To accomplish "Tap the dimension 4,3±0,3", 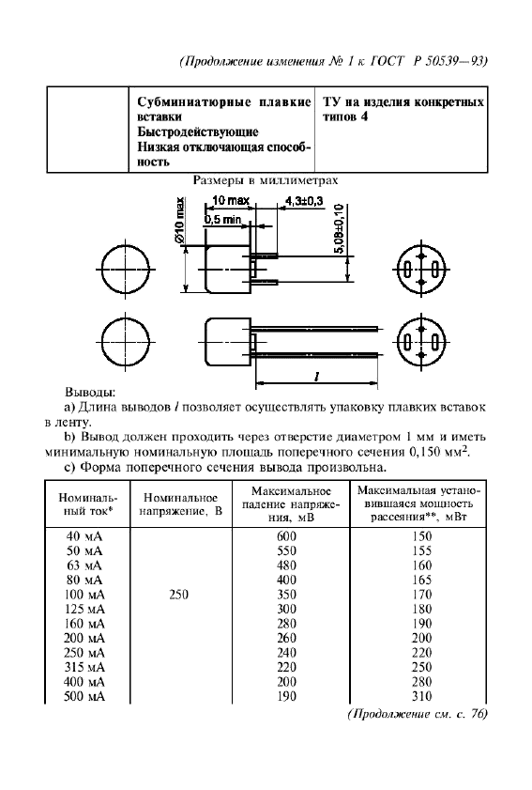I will (x=303, y=201).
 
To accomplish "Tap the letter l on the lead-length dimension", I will (x=317, y=375).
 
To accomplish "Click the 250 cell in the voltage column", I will (x=180, y=594).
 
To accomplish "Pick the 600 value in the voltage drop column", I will (x=287, y=534).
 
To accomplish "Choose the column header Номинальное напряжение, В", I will (x=180, y=503).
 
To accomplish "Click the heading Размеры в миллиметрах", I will (x=265, y=178).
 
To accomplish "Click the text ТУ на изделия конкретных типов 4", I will (x=403, y=109).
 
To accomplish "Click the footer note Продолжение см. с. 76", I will (x=418, y=716).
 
